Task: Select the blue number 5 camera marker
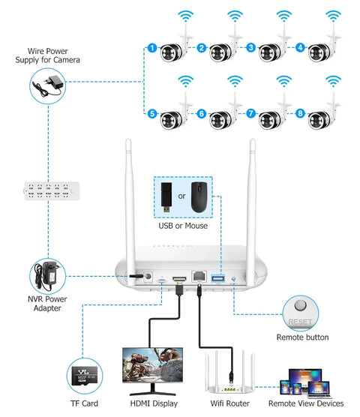152,114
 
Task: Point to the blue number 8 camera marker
301,114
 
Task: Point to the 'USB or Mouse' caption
183,225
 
